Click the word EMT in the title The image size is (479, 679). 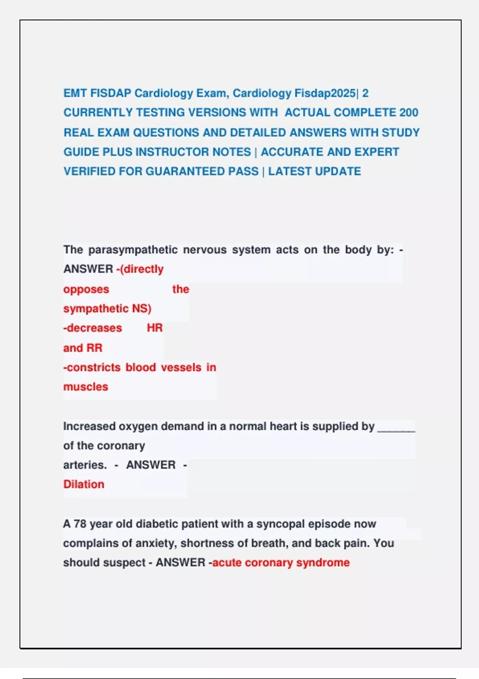coord(75,93)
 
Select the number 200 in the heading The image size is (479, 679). coord(409,113)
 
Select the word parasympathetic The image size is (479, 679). coord(133,250)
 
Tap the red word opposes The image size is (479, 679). coord(86,289)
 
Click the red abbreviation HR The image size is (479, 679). coord(154,328)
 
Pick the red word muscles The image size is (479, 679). coord(86,387)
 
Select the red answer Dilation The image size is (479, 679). coord(84,484)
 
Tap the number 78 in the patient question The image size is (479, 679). coord(80,524)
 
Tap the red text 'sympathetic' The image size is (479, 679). coord(96,308)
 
